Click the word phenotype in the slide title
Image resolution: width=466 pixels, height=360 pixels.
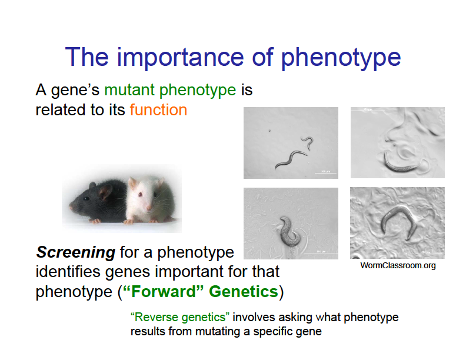pyautogui.click(x=341, y=58)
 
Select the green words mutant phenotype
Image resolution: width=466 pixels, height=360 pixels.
pyautogui.click(x=170, y=91)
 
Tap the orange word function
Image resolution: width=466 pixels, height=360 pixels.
pyautogui.click(x=158, y=109)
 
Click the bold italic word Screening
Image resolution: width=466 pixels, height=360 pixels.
pyautogui.click(x=75, y=253)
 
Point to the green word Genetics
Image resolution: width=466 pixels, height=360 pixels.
pyautogui.click(x=243, y=292)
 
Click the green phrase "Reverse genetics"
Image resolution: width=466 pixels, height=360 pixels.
pyautogui.click(x=179, y=318)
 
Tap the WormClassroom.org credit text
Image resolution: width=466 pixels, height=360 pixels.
pyautogui.click(x=398, y=266)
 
